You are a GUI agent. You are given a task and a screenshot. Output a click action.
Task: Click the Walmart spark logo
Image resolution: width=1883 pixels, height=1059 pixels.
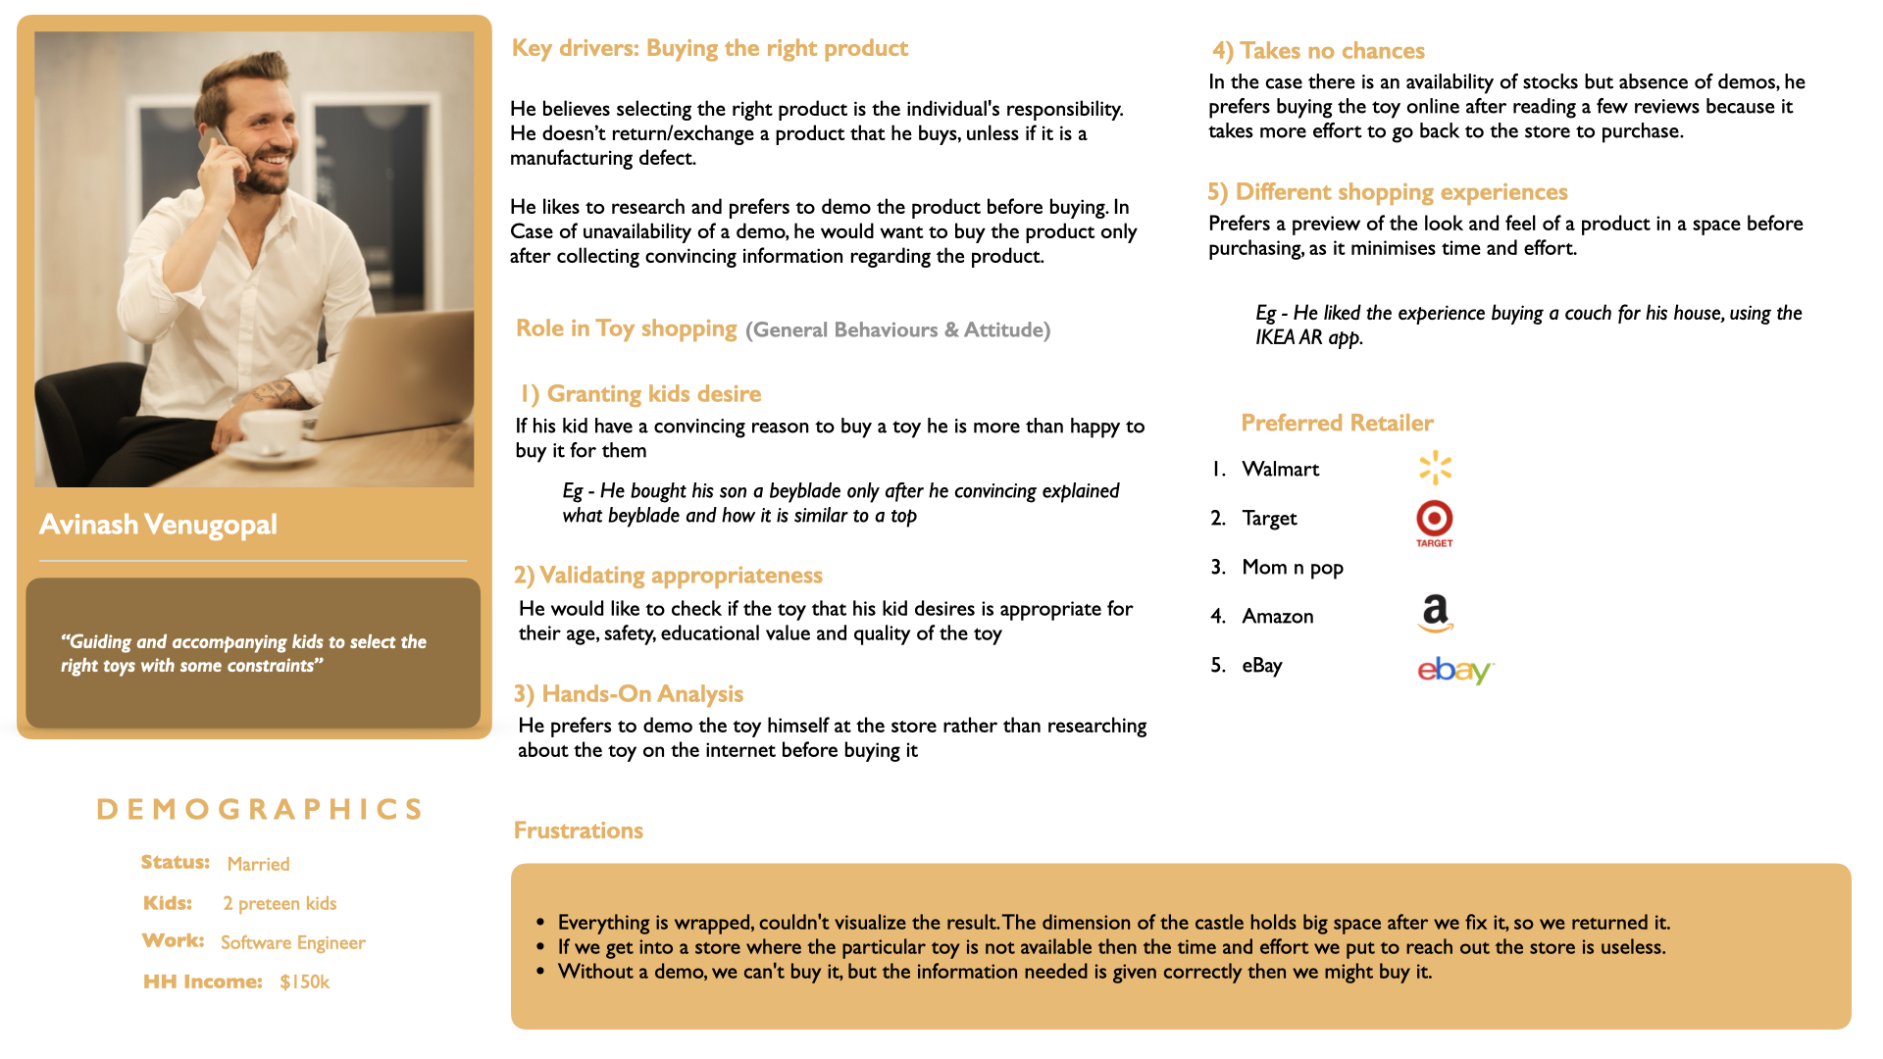click(1435, 468)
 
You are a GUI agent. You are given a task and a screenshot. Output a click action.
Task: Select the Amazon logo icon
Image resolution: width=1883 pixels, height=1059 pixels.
click(1435, 613)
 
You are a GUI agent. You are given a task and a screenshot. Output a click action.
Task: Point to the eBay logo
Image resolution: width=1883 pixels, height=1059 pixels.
click(1454, 670)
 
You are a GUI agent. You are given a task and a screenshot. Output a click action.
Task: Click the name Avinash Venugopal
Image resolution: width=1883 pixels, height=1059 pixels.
click(158, 525)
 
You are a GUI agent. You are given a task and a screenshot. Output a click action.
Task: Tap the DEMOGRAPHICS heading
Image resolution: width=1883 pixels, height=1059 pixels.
click(260, 809)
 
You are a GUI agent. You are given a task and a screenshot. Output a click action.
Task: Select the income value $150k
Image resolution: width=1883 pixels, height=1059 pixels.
click(304, 982)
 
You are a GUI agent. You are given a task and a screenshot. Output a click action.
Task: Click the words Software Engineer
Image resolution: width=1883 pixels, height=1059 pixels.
click(292, 942)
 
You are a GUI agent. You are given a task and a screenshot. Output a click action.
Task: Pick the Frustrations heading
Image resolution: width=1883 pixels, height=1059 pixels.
click(578, 831)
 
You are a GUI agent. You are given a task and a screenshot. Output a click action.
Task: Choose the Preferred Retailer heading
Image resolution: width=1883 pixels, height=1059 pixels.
click(1337, 423)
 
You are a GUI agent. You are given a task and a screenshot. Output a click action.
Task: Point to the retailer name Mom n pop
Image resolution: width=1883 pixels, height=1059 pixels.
click(1292, 568)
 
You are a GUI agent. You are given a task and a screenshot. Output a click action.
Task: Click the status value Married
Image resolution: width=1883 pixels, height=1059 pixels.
click(258, 864)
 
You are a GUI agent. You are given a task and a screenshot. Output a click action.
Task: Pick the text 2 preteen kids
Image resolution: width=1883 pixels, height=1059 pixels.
click(280, 903)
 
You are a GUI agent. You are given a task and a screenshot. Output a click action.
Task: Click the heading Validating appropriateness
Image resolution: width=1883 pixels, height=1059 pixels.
click(668, 576)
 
